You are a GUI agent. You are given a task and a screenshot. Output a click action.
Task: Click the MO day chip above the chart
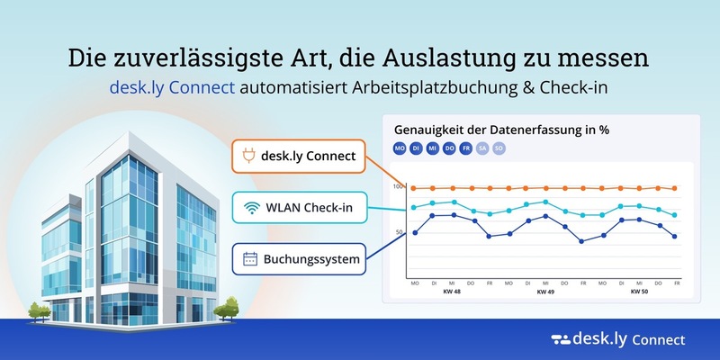click(x=399, y=148)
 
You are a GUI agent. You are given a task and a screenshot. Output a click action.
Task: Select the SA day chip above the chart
click(x=482, y=148)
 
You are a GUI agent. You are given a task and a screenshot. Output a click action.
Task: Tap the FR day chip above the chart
click(x=466, y=148)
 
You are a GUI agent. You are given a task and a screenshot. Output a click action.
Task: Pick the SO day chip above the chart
click(x=499, y=148)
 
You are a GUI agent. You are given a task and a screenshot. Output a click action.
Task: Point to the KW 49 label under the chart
click(x=545, y=292)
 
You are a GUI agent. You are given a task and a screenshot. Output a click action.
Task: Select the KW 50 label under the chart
click(x=639, y=292)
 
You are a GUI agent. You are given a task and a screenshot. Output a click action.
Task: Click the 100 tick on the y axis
click(x=399, y=186)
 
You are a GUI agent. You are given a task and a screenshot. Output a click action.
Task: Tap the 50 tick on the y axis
click(x=400, y=233)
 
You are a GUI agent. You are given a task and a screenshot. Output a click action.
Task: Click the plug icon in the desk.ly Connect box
click(x=247, y=156)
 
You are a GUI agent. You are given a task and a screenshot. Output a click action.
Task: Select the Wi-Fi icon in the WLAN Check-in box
click(x=249, y=209)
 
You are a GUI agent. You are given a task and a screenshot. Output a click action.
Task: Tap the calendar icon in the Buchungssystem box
click(x=250, y=260)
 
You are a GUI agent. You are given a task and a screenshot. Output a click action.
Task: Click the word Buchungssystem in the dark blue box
click(x=311, y=260)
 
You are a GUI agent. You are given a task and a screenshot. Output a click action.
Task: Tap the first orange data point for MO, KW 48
click(x=414, y=189)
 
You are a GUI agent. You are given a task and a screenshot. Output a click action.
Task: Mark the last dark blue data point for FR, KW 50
click(x=675, y=237)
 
